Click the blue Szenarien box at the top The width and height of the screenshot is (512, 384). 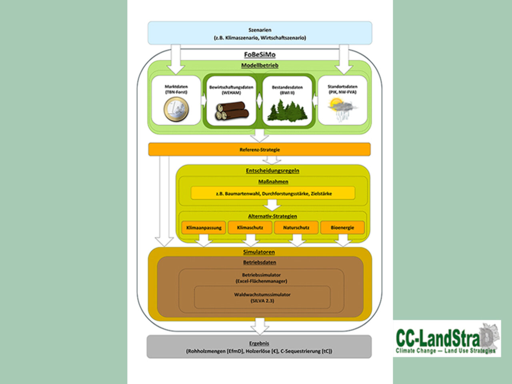[260, 33]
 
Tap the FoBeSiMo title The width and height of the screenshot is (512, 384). [260, 54]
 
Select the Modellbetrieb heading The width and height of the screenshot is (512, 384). [260, 65]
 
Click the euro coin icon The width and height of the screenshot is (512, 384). [176, 109]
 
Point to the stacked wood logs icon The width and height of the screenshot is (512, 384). [232, 111]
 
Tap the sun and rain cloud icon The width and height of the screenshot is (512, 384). [342, 109]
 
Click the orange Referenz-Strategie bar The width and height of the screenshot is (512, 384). [260, 150]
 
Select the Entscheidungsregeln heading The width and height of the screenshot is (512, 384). [272, 170]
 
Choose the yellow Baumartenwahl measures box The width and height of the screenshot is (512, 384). [273, 193]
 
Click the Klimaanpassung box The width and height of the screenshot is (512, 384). [204, 228]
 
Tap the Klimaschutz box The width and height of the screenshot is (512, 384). [250, 228]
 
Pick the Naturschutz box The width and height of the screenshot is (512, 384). [296, 228]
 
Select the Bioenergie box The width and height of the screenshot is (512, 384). [342, 228]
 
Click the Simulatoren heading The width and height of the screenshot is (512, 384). [259, 252]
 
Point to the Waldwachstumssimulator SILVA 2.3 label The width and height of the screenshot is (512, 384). [262, 298]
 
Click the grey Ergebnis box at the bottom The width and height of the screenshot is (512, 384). [259, 347]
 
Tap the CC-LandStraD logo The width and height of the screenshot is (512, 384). [447, 339]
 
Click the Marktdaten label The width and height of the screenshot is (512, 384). [176, 89]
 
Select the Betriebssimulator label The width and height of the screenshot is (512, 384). [261, 278]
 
